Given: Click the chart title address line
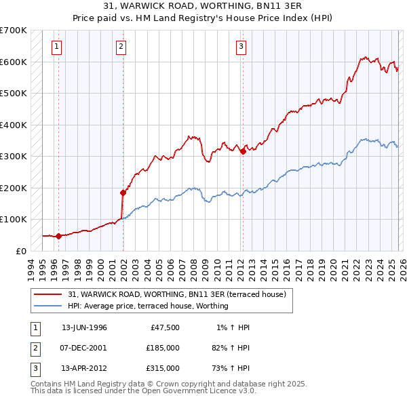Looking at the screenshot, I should [203, 6].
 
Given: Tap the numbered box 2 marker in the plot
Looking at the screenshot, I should [121, 47].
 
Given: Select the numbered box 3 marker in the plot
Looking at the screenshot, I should [241, 47].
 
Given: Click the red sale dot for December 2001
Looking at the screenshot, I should [123, 193].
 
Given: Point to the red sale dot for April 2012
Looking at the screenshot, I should [243, 152].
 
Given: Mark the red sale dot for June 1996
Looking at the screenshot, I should [59, 236].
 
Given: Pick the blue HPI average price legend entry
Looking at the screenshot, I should [147, 306].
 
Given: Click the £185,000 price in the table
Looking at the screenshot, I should [163, 348].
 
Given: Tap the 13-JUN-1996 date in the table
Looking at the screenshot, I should [84, 327].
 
